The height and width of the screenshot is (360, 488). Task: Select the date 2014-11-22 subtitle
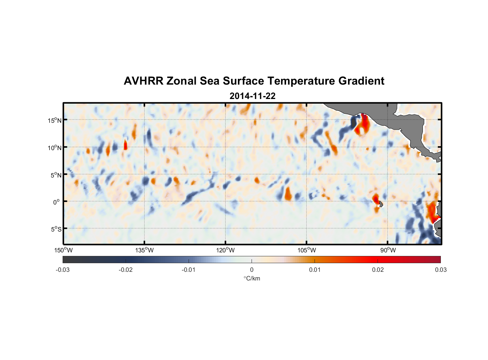point(252,96)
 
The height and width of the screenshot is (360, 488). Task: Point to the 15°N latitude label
point(55,120)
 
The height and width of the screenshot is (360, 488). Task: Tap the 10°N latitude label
point(55,148)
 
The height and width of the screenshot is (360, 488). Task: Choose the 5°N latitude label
point(55,175)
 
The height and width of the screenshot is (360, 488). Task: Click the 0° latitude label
point(57,202)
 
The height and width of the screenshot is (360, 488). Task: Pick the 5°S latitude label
point(55,229)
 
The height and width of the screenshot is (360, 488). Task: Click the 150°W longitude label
point(63,250)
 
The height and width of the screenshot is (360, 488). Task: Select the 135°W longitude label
point(145,250)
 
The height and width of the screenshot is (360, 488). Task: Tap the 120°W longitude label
point(226,250)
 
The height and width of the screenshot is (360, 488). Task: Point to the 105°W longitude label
point(307,250)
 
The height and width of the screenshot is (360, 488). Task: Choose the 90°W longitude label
point(388,250)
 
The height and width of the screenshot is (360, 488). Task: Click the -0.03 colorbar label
point(63,270)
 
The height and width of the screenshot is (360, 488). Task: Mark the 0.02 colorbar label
point(378,270)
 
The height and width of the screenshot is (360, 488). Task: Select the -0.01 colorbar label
point(189,270)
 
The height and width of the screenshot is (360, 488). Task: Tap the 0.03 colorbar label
point(440,270)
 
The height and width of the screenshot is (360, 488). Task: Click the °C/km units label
point(252,278)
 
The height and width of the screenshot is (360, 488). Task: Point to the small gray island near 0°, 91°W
point(381,204)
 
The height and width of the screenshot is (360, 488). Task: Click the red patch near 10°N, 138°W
point(126,145)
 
